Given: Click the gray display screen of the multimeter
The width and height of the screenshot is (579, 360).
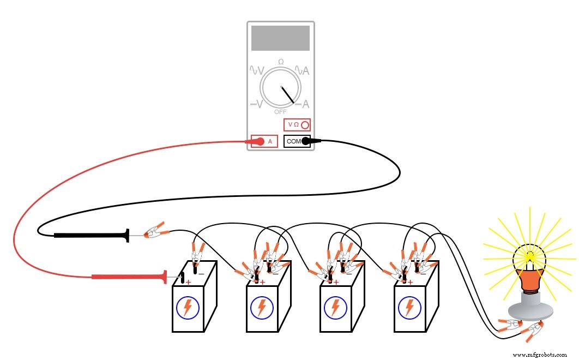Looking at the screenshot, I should pos(280,38).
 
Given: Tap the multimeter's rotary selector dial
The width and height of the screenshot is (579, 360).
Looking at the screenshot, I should pos(281,88).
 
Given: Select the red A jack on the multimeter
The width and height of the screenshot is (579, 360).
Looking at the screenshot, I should pos(264,141).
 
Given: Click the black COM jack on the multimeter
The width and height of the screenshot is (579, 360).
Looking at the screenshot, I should pos(297,141).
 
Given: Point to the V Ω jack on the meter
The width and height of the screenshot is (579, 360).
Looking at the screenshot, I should pos(297,124).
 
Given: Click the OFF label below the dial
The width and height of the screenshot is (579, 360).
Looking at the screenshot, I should pos(280,112).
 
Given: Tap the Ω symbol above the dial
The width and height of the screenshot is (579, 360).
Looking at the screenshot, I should pos(281,62).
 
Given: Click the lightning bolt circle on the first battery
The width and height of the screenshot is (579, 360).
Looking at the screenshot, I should pos(188,308).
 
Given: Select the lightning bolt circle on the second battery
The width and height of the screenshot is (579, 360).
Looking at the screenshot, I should pos(262,308).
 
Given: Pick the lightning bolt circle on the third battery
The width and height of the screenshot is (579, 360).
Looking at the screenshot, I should pos(335,308).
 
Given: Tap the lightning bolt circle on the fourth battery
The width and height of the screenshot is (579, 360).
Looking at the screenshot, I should pos(409,308).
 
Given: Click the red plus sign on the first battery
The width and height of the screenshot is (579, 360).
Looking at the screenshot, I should pos(188,282).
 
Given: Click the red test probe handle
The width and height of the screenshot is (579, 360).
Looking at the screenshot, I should pos(129,277).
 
